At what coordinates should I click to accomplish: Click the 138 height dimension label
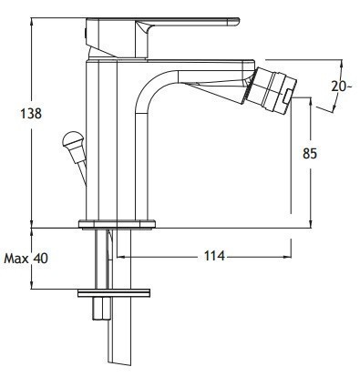(x=31, y=114)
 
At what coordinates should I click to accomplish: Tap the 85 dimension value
(x=310, y=153)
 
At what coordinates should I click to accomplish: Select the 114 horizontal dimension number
(x=214, y=256)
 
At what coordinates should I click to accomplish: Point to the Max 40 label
(x=26, y=259)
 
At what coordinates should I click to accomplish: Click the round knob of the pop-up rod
(x=72, y=139)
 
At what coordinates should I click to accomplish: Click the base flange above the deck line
(x=117, y=224)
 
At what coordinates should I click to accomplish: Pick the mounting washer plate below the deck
(x=114, y=293)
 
